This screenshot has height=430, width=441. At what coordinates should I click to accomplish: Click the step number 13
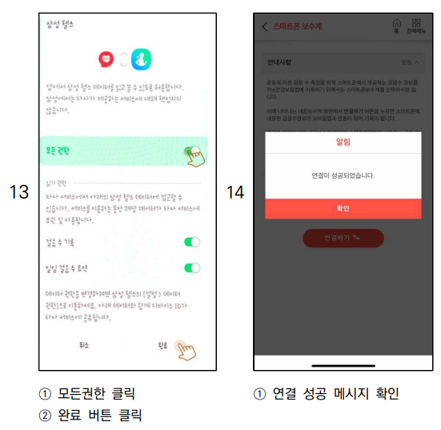(18, 192)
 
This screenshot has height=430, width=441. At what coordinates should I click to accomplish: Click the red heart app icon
(106, 59)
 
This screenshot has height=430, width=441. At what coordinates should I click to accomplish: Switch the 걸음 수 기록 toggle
(192, 242)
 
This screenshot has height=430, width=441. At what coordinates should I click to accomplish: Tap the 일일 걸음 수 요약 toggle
(192, 268)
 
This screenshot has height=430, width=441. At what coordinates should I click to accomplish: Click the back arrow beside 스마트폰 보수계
(265, 26)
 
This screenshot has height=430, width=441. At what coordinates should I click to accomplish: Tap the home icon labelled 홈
(397, 26)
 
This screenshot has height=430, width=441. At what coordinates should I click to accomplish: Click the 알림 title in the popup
(343, 142)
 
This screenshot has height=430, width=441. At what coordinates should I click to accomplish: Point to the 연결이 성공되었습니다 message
(343, 175)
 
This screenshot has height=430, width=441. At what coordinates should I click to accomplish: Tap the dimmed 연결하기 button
(343, 238)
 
